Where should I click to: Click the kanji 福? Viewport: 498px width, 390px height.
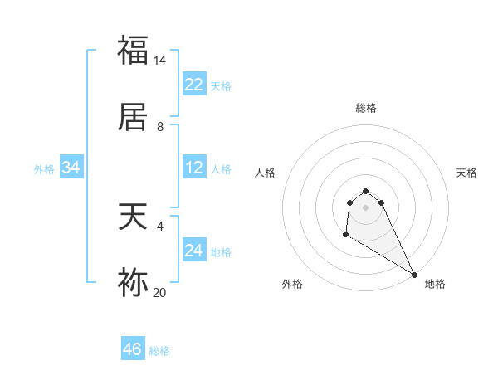(x=134, y=51)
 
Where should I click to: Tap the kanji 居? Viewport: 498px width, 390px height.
(x=134, y=118)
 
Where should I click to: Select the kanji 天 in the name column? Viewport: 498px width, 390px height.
(x=134, y=218)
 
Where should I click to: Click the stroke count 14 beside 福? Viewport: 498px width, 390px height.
(x=160, y=61)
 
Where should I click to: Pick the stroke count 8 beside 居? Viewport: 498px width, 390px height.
(x=160, y=127)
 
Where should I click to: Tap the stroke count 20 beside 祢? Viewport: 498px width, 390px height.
(x=160, y=292)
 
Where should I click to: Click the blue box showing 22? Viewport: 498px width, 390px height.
(x=194, y=85)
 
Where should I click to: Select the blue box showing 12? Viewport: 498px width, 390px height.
(x=194, y=168)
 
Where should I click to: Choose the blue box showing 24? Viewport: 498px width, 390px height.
(x=194, y=251)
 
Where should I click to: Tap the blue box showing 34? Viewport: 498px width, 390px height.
(x=71, y=168)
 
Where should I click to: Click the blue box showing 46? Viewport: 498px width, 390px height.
(x=133, y=349)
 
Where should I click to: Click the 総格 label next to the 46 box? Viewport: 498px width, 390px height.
(x=159, y=351)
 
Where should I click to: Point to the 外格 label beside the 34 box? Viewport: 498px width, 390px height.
(x=44, y=168)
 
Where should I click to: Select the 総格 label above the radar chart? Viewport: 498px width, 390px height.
(x=366, y=108)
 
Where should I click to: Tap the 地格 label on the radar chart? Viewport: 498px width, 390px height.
(x=435, y=284)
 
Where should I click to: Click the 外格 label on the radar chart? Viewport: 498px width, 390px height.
(x=292, y=284)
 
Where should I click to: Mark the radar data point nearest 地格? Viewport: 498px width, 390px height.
(x=414, y=275)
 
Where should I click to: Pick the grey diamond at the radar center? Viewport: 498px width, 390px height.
(x=366, y=207)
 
